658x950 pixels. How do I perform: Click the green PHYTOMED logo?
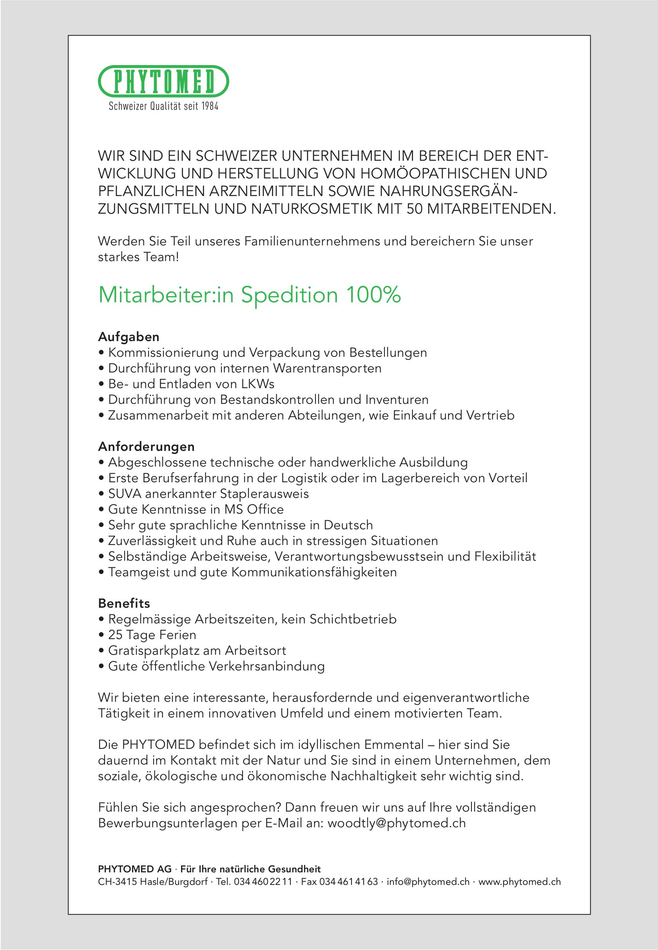163,81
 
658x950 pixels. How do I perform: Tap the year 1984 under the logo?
209,106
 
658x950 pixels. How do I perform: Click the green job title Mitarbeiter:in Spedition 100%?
249,295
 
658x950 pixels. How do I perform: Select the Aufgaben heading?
129,337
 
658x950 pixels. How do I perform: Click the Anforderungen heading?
146,447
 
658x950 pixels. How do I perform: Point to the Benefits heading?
124,603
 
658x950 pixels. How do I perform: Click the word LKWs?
258,384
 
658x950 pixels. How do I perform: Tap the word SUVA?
125,494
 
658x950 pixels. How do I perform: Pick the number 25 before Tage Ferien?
115,635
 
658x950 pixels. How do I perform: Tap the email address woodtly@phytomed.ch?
396,823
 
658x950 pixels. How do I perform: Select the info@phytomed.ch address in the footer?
428,882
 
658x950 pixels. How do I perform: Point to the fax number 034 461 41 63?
348,882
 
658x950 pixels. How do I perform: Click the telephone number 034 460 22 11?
263,882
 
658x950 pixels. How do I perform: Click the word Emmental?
394,745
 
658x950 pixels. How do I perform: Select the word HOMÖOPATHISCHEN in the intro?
435,174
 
